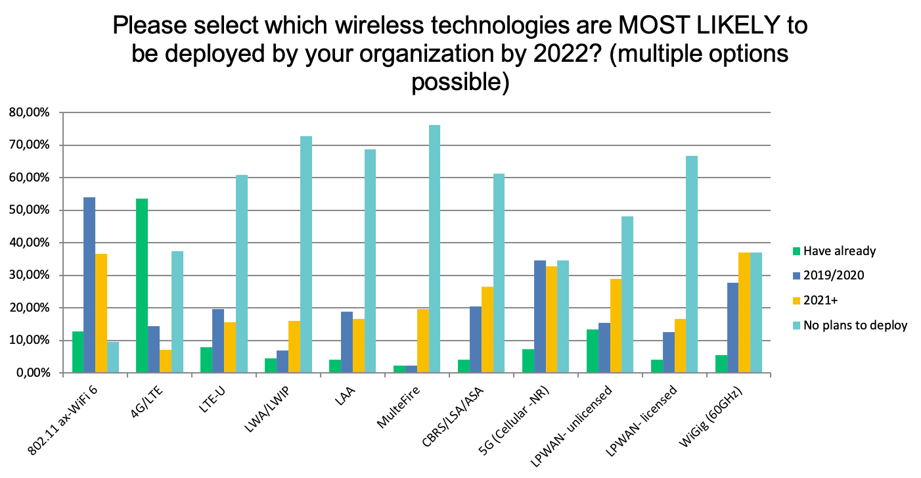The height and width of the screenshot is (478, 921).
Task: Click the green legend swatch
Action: [x=797, y=251]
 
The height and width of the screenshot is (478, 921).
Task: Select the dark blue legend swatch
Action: [x=797, y=276]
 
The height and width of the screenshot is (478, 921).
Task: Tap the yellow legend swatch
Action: [x=797, y=301]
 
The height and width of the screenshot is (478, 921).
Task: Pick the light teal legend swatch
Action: [x=797, y=325]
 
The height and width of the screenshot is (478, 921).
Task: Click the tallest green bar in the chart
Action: [x=142, y=285]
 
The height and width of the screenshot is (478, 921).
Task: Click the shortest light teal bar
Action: [x=114, y=357]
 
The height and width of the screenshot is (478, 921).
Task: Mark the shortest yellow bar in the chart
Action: [x=166, y=361]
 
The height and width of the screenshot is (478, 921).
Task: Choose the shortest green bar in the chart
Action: [x=399, y=369]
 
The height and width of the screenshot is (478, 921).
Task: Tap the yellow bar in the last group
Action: [x=744, y=312]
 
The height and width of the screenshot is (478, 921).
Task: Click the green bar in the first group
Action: [x=78, y=352]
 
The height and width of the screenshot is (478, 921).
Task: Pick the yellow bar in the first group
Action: [x=101, y=313]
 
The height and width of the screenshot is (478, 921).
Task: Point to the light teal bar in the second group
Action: [x=177, y=312]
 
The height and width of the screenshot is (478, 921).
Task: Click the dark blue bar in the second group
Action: [x=154, y=349]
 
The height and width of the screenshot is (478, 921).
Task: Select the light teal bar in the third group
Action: [x=242, y=274]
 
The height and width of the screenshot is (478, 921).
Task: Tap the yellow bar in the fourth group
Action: [x=294, y=347]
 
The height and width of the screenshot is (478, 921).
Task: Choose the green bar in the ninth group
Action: [x=593, y=351]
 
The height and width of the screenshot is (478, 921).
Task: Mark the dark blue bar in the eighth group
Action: [x=540, y=316]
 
